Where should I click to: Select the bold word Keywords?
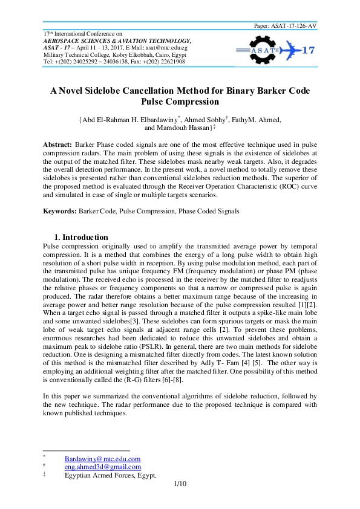click(59, 211)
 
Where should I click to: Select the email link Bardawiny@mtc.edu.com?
click(102, 459)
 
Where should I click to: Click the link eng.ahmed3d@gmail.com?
click(102, 467)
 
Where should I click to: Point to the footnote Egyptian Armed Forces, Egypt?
click(110, 475)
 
